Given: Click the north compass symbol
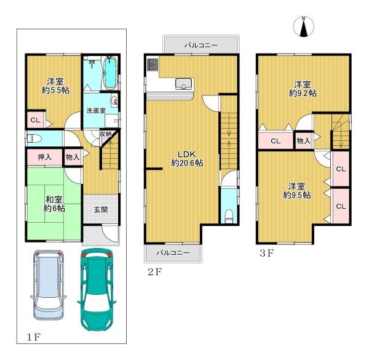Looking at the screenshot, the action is (304, 27).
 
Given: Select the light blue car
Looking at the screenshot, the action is (48, 284).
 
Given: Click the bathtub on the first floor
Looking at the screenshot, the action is (110, 73).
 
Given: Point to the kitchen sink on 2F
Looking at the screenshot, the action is (183, 84).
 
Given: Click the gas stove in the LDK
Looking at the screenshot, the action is (153, 65).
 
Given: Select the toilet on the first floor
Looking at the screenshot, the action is (34, 138).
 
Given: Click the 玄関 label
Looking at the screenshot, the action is (101, 209).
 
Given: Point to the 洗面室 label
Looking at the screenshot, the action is (96, 110).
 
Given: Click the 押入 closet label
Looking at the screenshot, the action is (45, 157).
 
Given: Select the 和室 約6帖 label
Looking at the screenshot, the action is (54, 204).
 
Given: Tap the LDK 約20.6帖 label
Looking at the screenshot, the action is (187, 159).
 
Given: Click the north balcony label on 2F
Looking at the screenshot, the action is (201, 45).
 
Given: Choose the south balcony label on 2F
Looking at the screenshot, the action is (173, 253).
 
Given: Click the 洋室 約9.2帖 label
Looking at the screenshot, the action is (303, 89).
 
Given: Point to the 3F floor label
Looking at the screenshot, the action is (267, 253).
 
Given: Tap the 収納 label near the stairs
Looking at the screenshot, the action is (105, 134).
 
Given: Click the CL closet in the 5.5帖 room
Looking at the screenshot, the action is (36, 120).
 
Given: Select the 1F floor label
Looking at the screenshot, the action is (34, 337).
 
